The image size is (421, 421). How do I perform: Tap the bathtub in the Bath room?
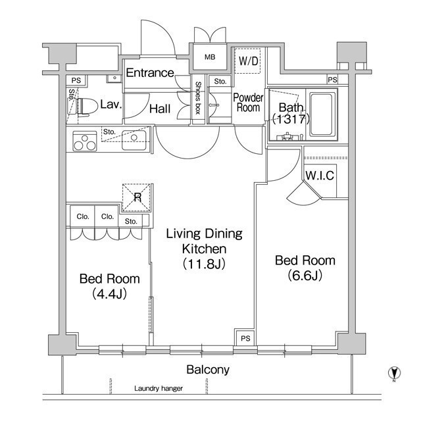[322, 114]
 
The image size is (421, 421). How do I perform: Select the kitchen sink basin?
[134, 139]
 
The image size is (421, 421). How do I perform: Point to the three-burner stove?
[85, 141]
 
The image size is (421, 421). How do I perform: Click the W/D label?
[249, 61]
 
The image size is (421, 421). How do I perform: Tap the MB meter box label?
[210, 57]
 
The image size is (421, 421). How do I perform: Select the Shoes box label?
[198, 98]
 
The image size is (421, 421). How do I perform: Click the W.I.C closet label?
[320, 176]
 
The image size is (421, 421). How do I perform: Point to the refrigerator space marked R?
[136, 197]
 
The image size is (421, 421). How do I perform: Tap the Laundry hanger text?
[159, 388]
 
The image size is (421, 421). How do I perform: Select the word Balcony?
[208, 370]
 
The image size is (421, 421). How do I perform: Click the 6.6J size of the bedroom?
[305, 276]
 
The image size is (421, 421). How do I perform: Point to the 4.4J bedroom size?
[109, 294]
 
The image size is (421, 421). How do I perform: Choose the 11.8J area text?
[204, 264]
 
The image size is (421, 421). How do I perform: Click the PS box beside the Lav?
[76, 80]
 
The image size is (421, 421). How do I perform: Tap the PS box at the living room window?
[245, 338]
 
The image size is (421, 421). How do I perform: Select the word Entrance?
[150, 73]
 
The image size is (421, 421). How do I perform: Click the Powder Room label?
[249, 103]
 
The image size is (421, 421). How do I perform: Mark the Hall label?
[160, 109]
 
